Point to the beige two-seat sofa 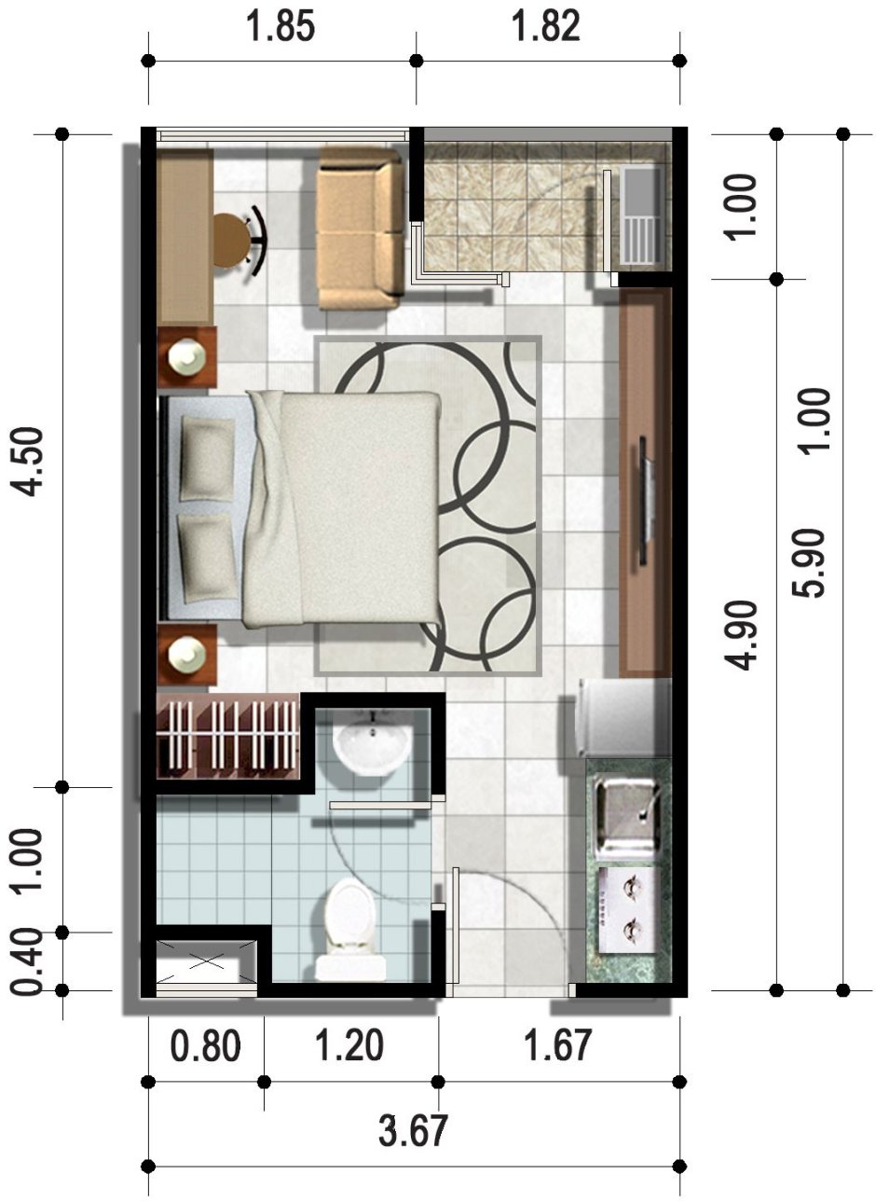361,229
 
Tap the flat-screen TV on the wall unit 648,501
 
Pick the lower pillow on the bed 206,557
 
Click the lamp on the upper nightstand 186,355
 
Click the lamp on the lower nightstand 186,654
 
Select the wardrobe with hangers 228,736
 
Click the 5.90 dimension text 809,563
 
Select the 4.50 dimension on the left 26,462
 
